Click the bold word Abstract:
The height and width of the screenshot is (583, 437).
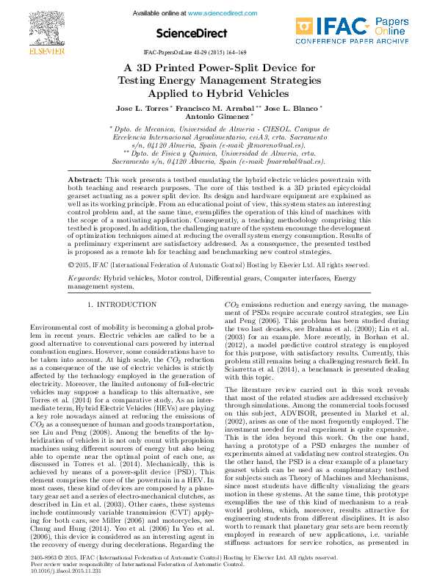point(85,179)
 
